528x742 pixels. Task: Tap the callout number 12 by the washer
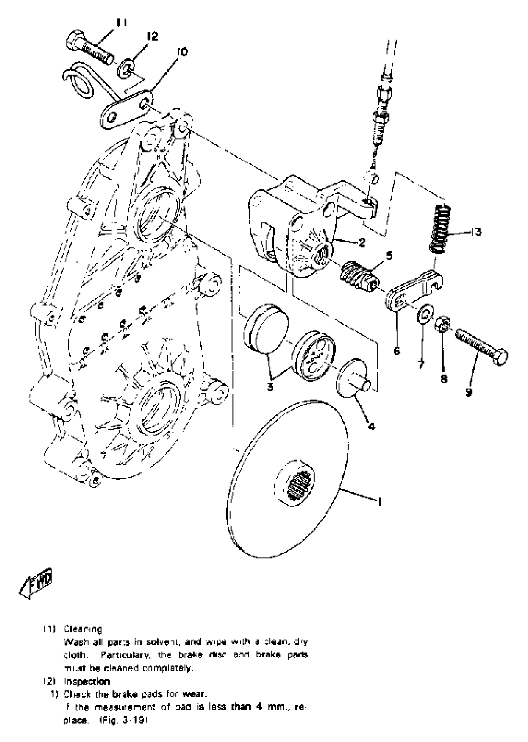152,36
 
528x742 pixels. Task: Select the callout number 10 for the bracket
183,52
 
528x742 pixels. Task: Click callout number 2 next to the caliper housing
362,242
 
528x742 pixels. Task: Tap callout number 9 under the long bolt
468,393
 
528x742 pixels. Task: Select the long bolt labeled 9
481,347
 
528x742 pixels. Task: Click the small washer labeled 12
126,68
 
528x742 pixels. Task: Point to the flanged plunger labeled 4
353,378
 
